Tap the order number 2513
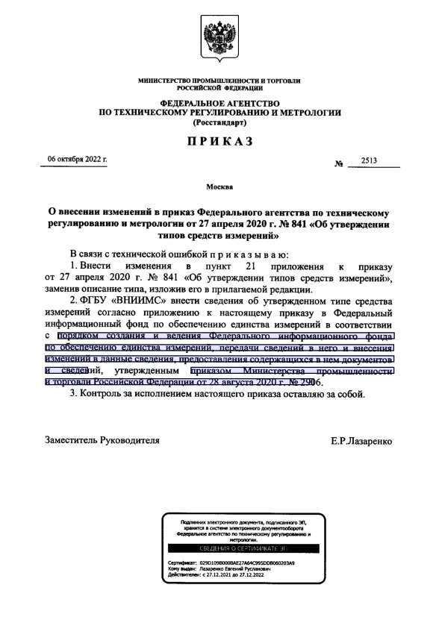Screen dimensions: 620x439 (370, 161)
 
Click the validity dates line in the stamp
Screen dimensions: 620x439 (224, 574)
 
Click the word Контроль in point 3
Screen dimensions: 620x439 (108, 394)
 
